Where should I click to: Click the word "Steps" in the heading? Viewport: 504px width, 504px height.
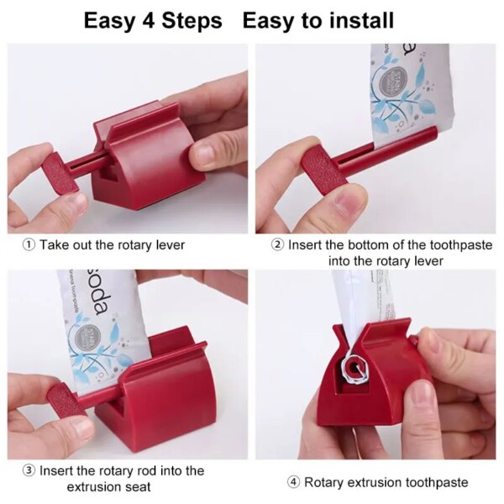pos(192,20)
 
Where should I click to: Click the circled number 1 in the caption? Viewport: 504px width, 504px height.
pos(28,245)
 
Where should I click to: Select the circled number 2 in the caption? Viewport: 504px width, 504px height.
pos(278,245)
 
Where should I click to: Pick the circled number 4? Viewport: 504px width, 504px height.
pos(293,482)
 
